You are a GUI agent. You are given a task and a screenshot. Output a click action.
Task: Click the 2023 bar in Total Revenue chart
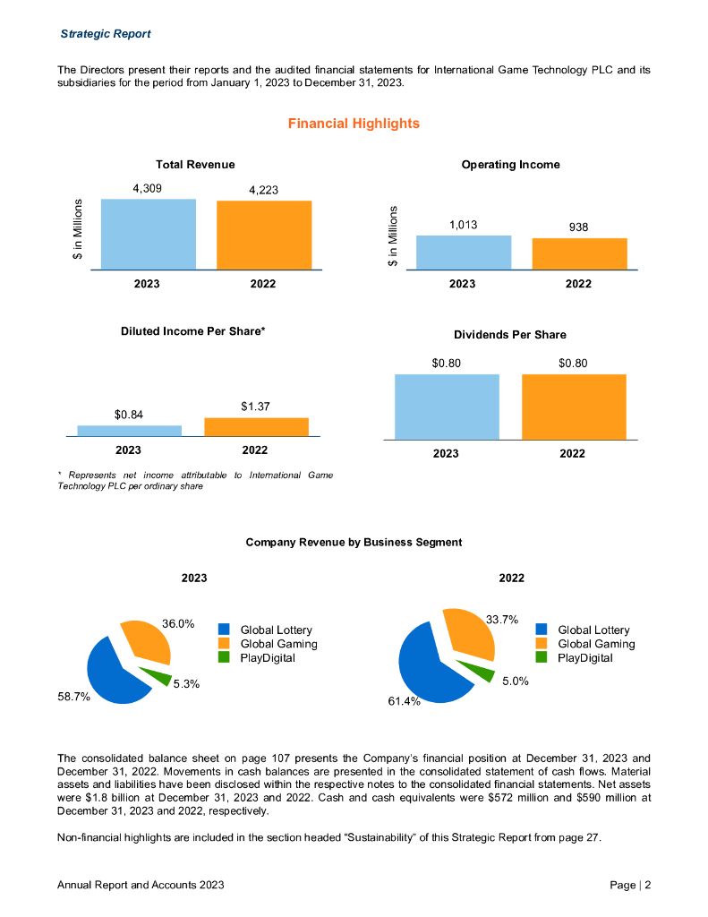[148, 234]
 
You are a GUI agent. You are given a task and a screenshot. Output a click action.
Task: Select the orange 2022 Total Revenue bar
[264, 235]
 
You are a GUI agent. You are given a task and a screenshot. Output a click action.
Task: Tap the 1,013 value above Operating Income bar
[463, 225]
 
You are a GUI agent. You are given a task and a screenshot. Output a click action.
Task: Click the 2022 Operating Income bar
[579, 253]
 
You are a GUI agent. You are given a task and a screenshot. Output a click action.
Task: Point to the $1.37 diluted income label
[255, 407]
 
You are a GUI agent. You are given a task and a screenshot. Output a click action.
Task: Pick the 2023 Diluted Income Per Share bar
[129, 431]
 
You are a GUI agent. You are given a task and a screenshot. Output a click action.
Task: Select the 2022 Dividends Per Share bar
[574, 407]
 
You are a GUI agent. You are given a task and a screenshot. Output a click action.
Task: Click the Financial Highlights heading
[354, 124]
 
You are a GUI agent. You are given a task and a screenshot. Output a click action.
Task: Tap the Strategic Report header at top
[105, 34]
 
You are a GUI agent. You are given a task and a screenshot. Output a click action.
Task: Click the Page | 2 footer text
[630, 885]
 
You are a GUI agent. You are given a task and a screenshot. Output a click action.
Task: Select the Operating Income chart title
[510, 165]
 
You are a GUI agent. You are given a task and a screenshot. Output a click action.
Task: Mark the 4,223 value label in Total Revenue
[263, 190]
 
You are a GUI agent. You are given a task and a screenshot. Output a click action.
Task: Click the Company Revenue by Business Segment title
[354, 542]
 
